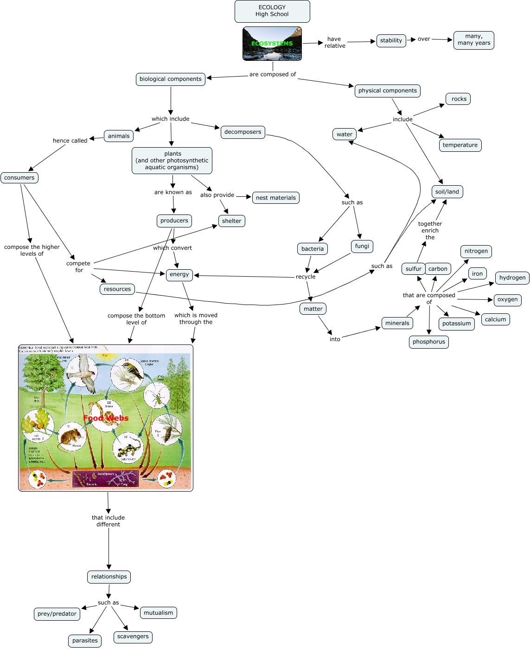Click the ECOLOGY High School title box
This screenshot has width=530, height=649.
coord(272,11)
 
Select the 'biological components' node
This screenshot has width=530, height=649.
coord(171,79)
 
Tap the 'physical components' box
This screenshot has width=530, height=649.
coord(388,91)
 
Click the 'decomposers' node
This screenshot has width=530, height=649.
coord(243,132)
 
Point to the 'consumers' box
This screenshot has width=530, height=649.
coord(19,177)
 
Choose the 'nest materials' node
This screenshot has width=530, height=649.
coord(275,198)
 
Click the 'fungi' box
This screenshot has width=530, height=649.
coord(362,246)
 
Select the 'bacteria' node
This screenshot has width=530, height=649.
coord(313,249)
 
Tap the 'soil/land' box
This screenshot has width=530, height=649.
coord(447,192)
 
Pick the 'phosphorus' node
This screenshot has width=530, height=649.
coord(429,342)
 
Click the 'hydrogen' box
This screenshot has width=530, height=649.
coord(512,278)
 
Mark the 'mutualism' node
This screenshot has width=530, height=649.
coord(158,613)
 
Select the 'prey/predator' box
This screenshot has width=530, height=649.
coord(57,614)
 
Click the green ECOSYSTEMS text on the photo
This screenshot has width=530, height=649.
coord(272,44)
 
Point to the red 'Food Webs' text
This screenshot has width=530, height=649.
coord(106,418)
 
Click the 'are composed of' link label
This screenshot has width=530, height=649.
coord(273,74)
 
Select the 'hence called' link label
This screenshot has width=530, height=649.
coord(70,141)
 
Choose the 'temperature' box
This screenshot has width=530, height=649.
coord(460,145)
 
